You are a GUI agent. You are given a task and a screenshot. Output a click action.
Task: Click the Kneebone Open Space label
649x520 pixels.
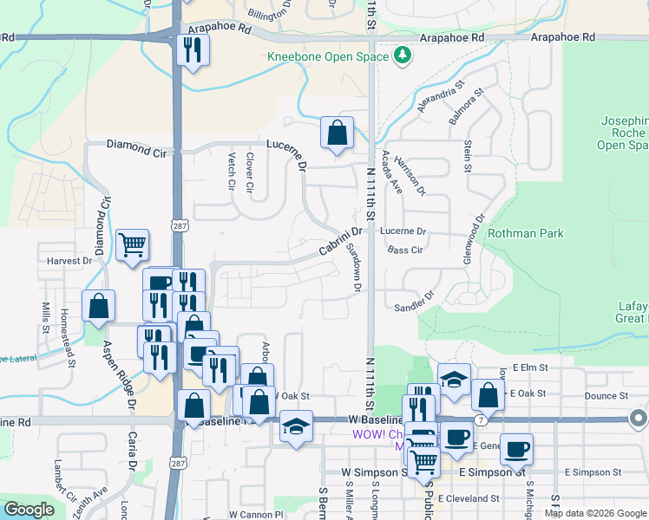click(x=329, y=57)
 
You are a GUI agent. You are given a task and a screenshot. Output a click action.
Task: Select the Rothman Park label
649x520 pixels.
click(x=526, y=233)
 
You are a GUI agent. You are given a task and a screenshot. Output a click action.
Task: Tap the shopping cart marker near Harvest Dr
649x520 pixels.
click(x=131, y=245)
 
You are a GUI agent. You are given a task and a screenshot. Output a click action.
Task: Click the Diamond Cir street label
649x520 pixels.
click(x=136, y=146)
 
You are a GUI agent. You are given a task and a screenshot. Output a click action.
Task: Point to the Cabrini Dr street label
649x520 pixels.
click(x=339, y=241)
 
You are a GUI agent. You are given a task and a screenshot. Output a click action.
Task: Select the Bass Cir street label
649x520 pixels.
click(x=405, y=250)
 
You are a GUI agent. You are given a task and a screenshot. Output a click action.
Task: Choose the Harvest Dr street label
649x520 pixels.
click(x=69, y=260)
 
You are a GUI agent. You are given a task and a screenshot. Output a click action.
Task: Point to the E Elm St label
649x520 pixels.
click(x=530, y=367)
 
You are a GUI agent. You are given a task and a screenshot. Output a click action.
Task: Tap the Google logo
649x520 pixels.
click(x=29, y=510)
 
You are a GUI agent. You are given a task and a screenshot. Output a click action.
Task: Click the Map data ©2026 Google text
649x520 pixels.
click(x=594, y=513)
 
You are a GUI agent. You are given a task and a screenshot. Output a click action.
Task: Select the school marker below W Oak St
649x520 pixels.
click(x=297, y=426)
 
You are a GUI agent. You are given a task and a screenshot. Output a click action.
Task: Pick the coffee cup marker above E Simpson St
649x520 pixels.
click(x=516, y=449)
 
